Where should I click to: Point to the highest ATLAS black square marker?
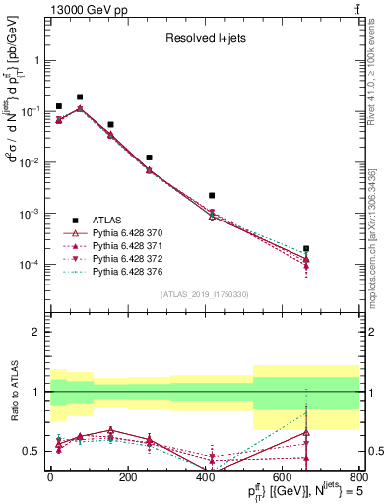click(80, 97)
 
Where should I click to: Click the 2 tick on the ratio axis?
click(38, 332)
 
